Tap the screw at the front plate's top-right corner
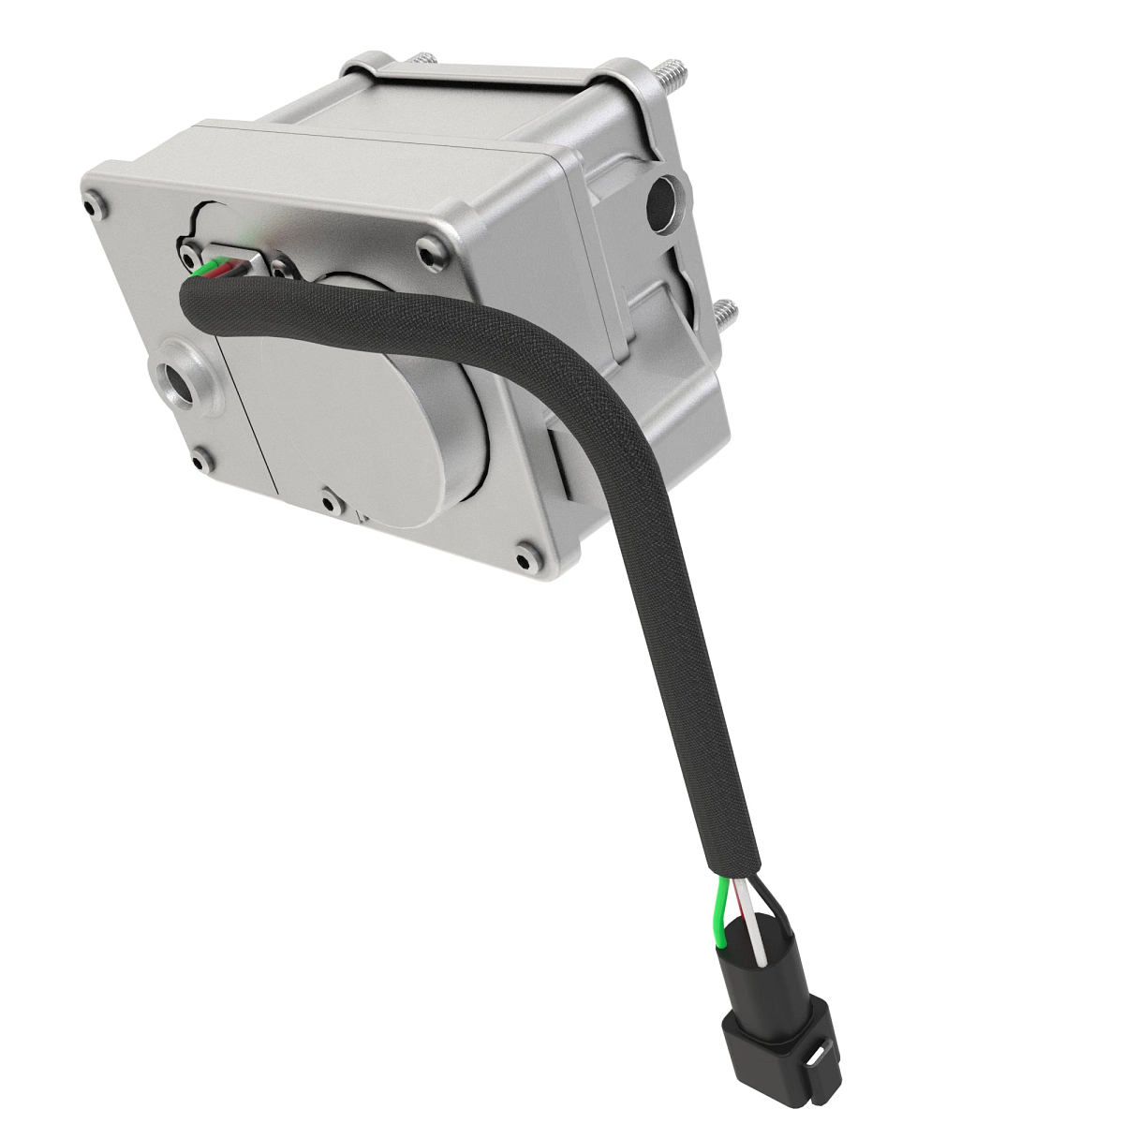(429, 250)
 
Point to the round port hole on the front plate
(177, 381)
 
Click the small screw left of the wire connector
(190, 253)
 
